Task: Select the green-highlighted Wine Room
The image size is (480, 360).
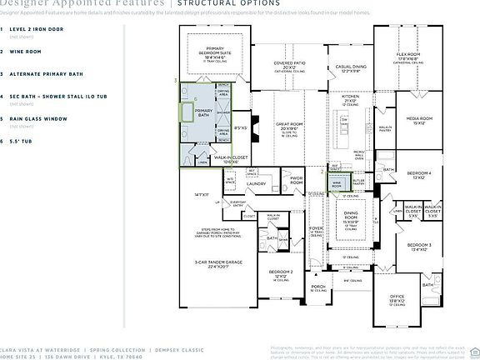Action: coord(337,183)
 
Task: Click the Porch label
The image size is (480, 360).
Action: coord(317,287)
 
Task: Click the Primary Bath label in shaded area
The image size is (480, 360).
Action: coord(203,112)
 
